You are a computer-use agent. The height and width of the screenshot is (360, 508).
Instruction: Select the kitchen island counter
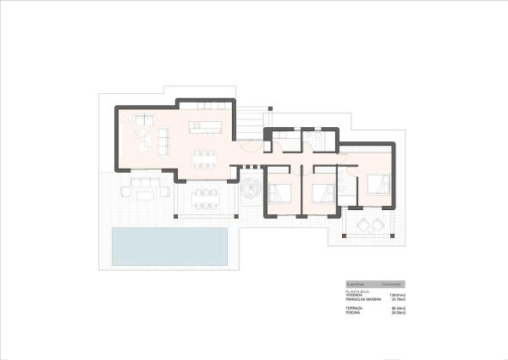tap(206, 127)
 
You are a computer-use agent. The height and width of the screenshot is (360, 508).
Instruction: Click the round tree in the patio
tap(251, 190)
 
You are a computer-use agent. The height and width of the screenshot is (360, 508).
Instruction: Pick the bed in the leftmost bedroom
tap(280, 192)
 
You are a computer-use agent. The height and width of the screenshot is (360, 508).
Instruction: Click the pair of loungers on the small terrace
tap(368, 224)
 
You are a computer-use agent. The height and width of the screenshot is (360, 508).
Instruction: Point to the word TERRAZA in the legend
tap(354, 308)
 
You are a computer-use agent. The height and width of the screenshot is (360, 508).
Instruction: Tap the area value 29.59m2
tap(399, 313)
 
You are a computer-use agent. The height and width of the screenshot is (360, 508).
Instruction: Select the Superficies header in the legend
tap(356, 284)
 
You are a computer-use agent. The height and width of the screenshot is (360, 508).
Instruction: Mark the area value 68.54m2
tap(399, 308)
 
